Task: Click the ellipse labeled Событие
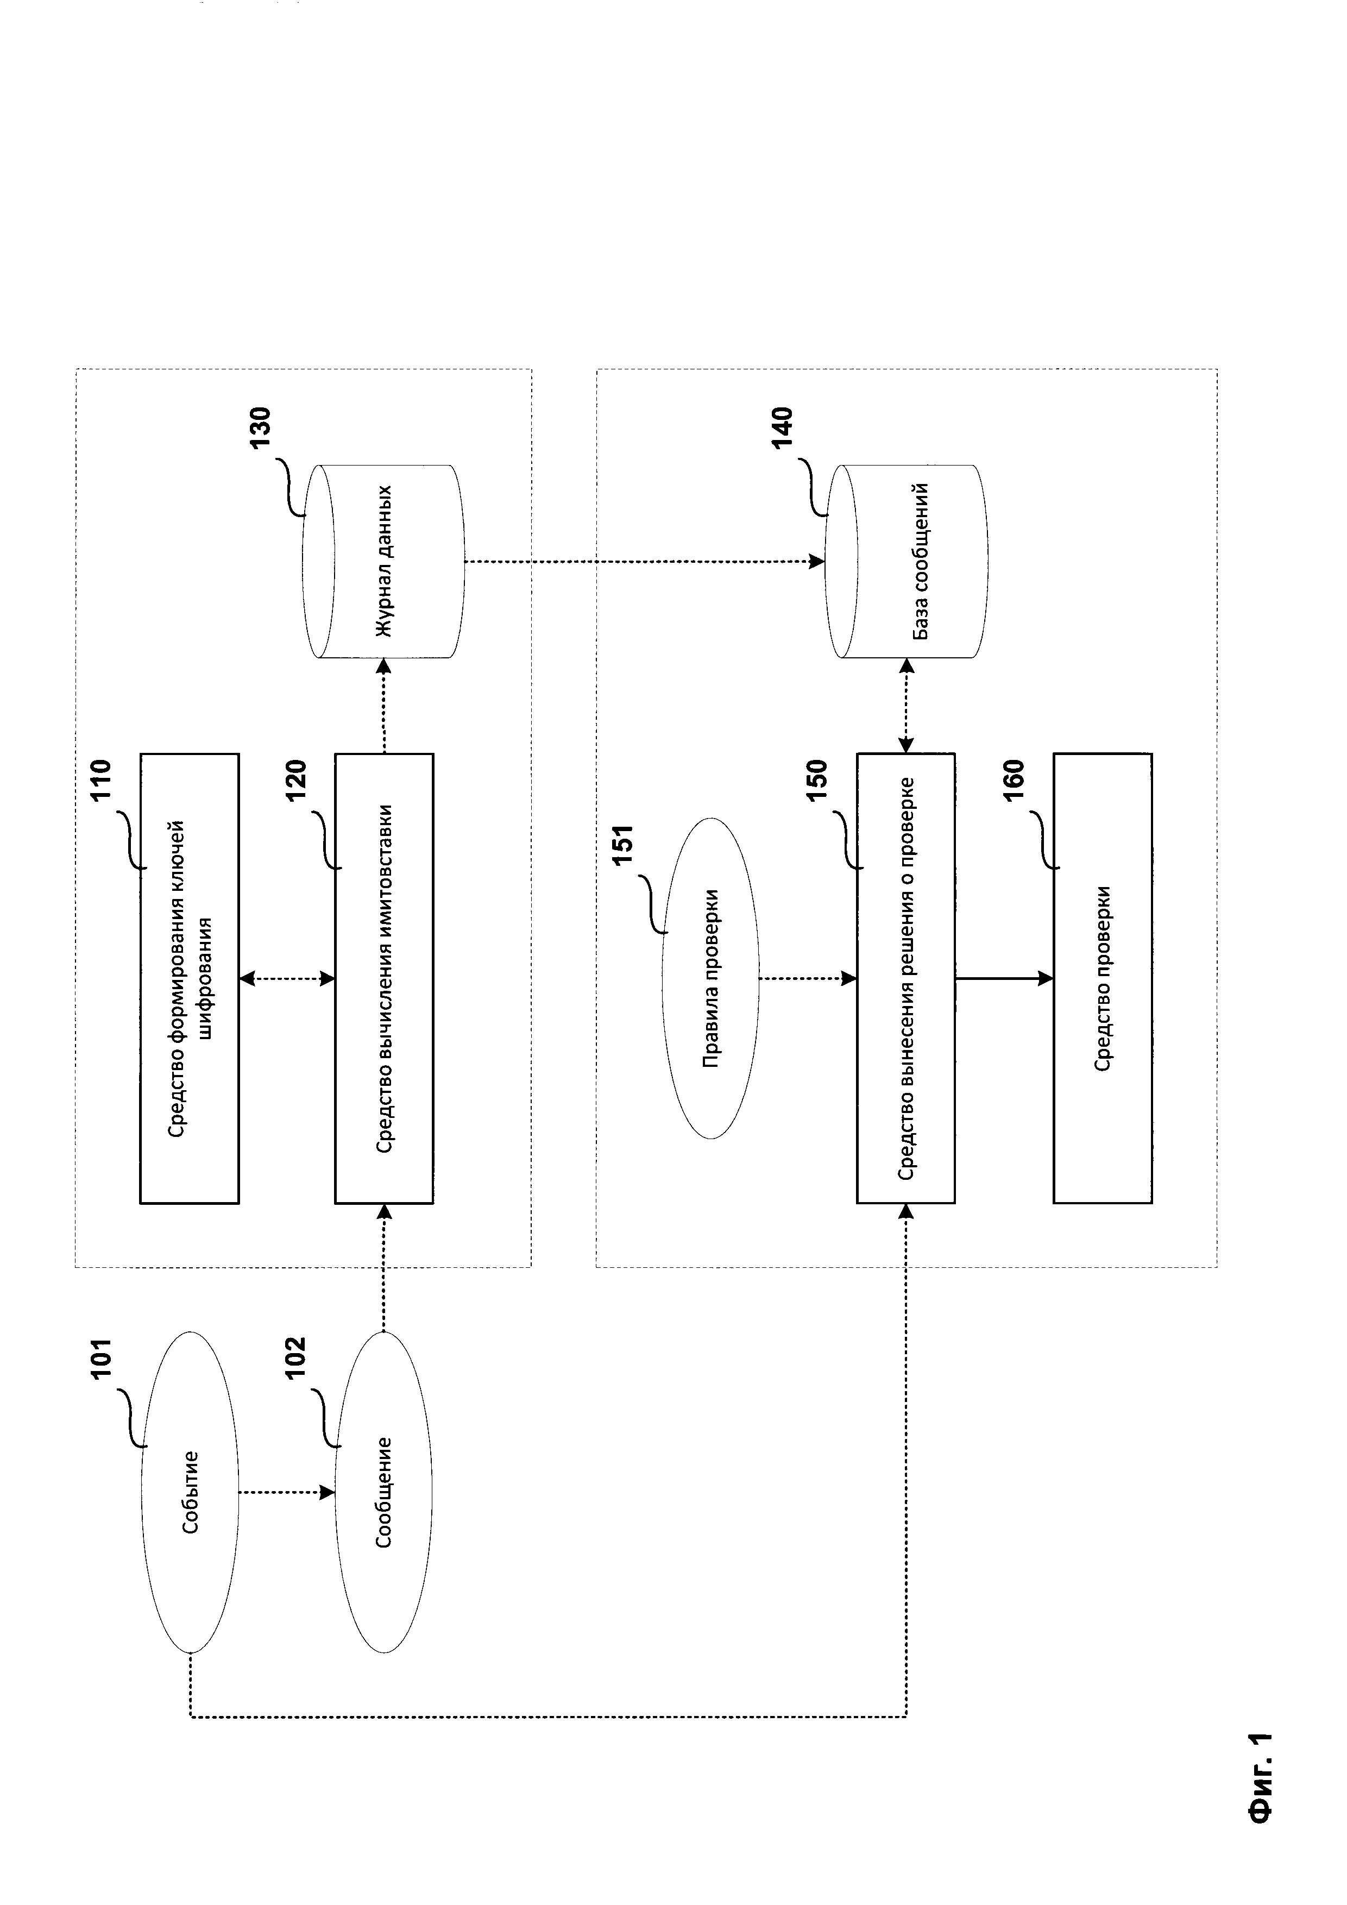point(190,1492)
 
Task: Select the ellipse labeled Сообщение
point(383,1492)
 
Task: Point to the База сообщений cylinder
point(906,562)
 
